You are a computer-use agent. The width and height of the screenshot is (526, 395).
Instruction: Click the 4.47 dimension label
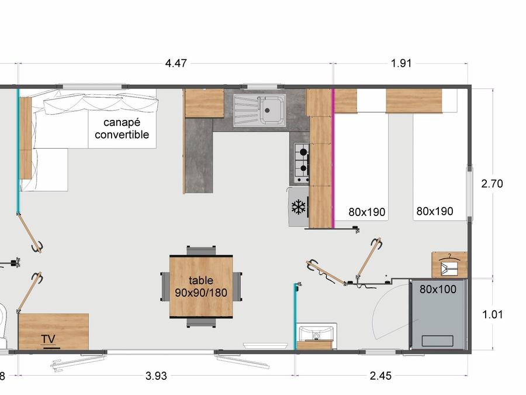(176, 63)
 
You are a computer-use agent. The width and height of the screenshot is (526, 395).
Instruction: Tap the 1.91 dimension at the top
(401, 63)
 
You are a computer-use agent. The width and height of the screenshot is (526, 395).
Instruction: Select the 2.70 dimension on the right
(492, 184)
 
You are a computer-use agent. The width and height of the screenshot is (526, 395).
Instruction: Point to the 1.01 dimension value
(493, 315)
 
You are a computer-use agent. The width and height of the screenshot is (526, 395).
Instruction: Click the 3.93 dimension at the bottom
(156, 376)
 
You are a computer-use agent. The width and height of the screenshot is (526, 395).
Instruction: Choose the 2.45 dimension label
(380, 376)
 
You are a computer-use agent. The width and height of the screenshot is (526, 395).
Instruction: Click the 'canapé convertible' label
(122, 128)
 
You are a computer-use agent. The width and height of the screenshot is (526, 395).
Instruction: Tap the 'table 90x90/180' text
(201, 287)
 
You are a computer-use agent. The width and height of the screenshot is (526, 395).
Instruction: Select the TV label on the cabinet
(48, 339)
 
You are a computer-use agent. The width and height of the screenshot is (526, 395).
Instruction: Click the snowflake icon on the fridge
(299, 207)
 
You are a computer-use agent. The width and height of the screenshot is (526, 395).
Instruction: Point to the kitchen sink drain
(267, 110)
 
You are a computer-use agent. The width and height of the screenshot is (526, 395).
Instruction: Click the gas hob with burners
(302, 163)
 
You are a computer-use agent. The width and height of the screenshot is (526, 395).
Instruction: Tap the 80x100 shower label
(438, 289)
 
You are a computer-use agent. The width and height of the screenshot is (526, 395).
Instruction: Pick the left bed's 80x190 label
(366, 212)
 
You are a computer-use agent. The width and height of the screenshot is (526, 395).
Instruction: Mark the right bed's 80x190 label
(435, 211)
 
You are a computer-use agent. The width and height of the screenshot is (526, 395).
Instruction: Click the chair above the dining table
(201, 250)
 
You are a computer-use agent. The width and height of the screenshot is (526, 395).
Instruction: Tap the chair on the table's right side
(237, 287)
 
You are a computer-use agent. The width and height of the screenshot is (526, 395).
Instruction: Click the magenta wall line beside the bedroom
(333, 159)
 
